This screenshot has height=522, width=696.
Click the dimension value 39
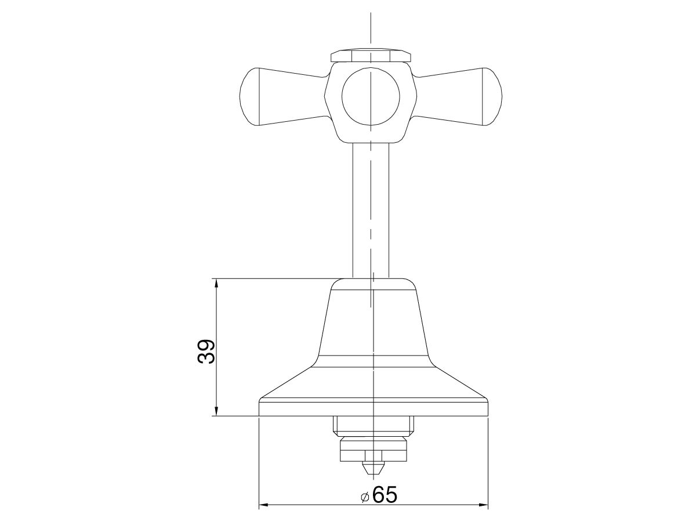(206, 351)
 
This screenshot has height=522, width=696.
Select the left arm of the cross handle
(284, 97)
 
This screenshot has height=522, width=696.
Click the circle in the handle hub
(371, 96)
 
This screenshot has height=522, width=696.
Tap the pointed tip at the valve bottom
(371, 467)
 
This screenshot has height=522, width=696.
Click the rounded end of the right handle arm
(493, 97)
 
